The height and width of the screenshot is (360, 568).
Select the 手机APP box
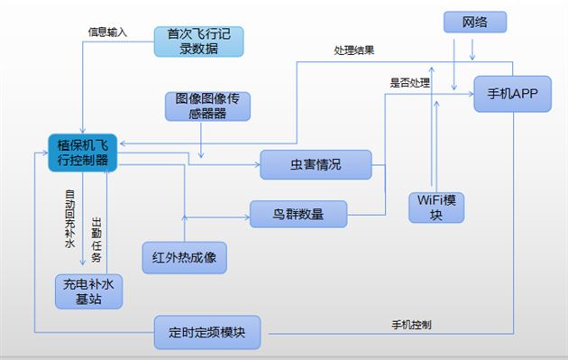(x=511, y=93)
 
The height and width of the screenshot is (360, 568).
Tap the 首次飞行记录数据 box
(x=199, y=42)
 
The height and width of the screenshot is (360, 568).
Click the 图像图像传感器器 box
(x=207, y=106)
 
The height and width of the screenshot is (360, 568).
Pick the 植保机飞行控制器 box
(x=83, y=153)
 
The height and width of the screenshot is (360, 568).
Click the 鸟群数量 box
(x=298, y=214)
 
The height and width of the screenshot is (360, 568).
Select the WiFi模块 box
(x=436, y=207)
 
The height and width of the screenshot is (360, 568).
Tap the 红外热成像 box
(x=184, y=257)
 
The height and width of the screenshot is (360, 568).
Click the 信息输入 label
(x=107, y=32)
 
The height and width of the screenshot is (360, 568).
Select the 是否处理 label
(x=409, y=83)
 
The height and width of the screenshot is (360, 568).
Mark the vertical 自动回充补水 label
(x=69, y=218)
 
